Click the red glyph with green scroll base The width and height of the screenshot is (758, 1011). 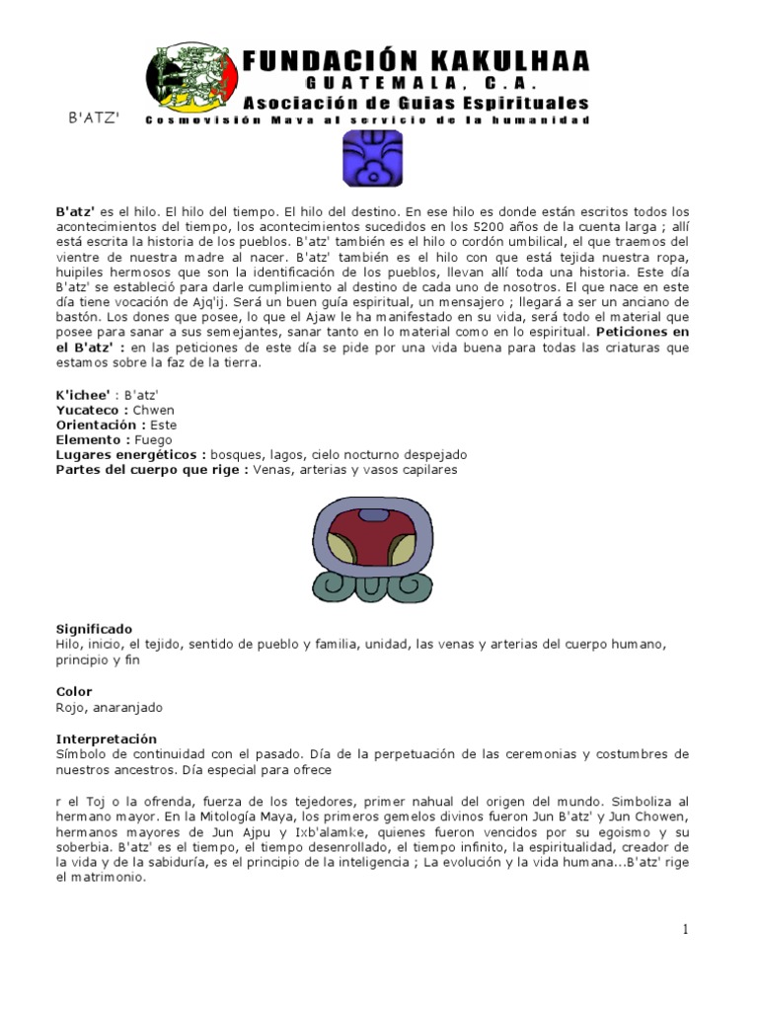pyautogui.click(x=373, y=550)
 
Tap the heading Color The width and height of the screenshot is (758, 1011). pyautogui.click(x=73, y=692)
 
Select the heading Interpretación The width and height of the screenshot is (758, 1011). pyautogui.click(x=106, y=739)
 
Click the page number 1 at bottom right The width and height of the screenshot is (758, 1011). pyautogui.click(x=683, y=929)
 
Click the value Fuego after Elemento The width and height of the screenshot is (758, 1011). pyautogui.click(x=153, y=439)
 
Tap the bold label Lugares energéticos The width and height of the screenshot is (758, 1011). pyautogui.click(x=128, y=454)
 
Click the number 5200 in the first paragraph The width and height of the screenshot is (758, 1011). pyautogui.click(x=481, y=226)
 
